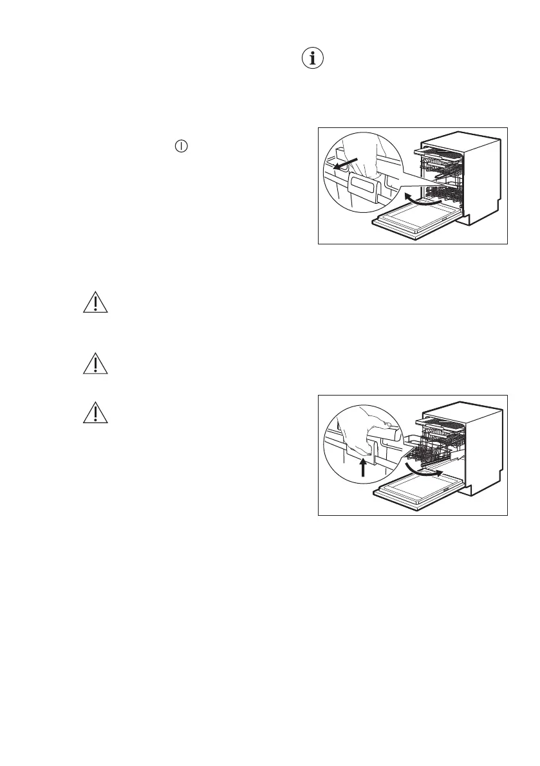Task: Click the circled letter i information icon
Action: pos(313,59)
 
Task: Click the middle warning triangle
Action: pos(95,364)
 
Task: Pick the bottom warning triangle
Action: pos(95,413)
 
